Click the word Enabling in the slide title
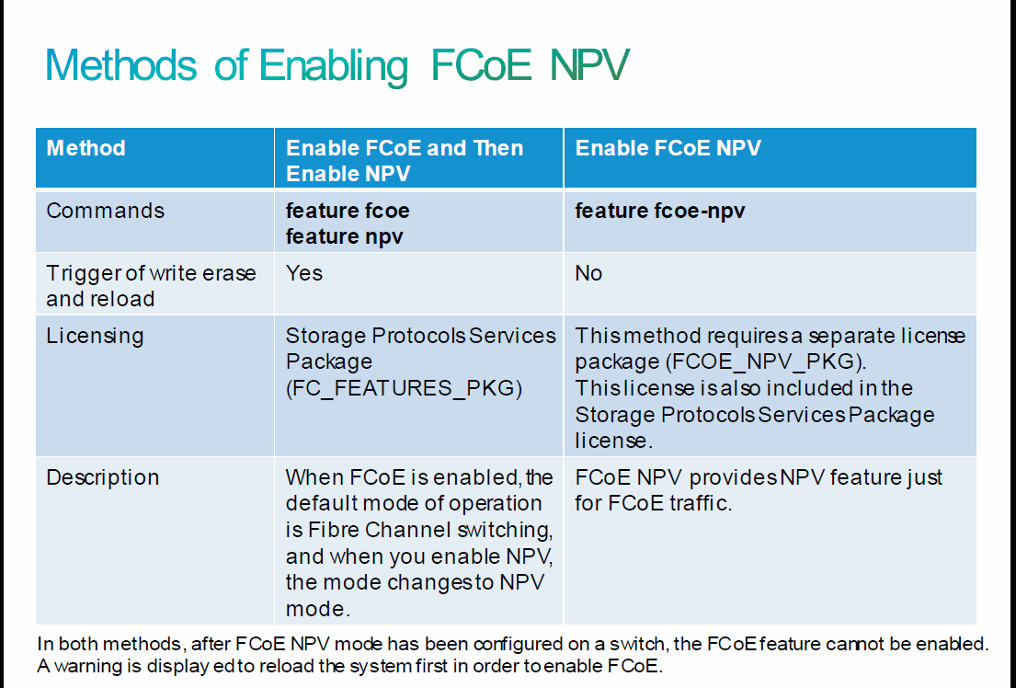click(334, 67)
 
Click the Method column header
click(86, 148)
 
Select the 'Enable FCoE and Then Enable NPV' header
click(405, 160)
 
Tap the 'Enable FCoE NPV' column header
click(668, 148)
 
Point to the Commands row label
click(105, 211)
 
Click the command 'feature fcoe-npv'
click(659, 211)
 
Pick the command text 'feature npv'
click(344, 236)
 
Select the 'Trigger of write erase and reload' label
click(151, 286)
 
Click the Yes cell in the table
click(304, 273)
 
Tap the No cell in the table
click(588, 273)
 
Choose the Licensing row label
click(95, 337)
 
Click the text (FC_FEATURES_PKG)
click(404, 388)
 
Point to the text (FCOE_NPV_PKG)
click(765, 361)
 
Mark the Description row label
click(102, 478)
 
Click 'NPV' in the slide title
click(589, 65)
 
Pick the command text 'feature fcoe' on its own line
click(348, 211)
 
